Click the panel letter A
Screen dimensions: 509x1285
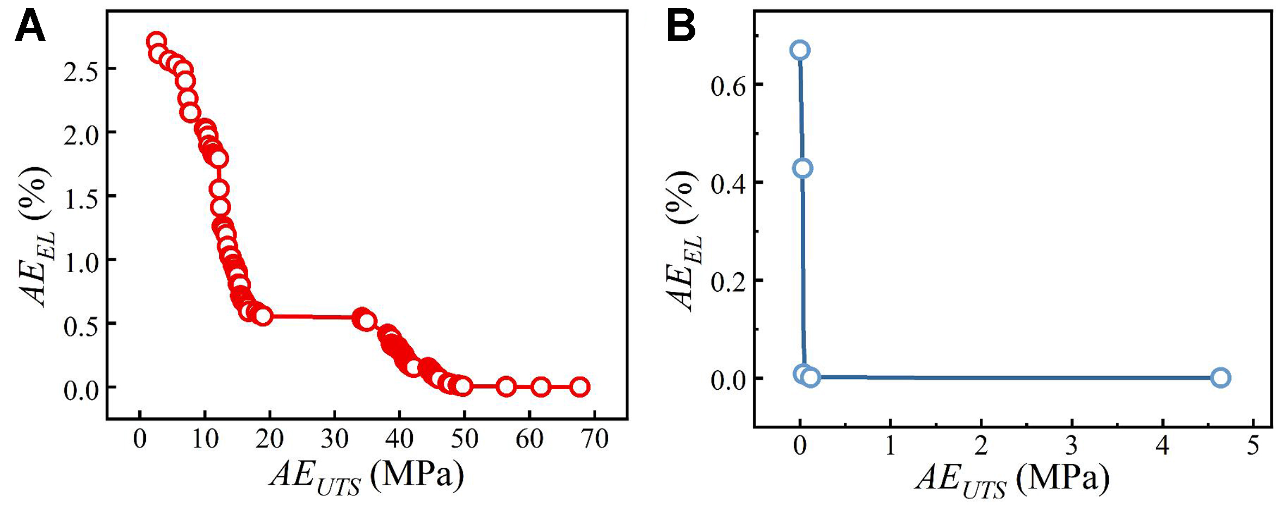tap(29, 27)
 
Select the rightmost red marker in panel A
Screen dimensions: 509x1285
tap(580, 387)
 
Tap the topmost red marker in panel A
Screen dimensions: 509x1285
tap(156, 41)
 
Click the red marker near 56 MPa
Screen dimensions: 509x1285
tap(506, 387)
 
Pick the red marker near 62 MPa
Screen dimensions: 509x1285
tap(540, 387)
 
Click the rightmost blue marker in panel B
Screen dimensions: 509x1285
tap(1221, 377)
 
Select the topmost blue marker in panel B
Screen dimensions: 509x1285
tap(800, 50)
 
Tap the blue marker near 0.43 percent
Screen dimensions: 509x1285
tap(802, 168)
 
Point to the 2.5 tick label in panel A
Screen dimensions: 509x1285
tap(81, 71)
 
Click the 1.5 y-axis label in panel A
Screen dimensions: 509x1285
tap(81, 199)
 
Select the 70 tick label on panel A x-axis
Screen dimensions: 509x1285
tap(594, 439)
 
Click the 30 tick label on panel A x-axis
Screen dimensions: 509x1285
tap(334, 439)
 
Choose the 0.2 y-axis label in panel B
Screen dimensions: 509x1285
tap(728, 283)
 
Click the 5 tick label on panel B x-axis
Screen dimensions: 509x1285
tap(1253, 446)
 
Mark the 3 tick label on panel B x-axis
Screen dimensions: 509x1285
tap(1071, 446)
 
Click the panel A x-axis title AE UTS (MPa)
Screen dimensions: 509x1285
tap(367, 476)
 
